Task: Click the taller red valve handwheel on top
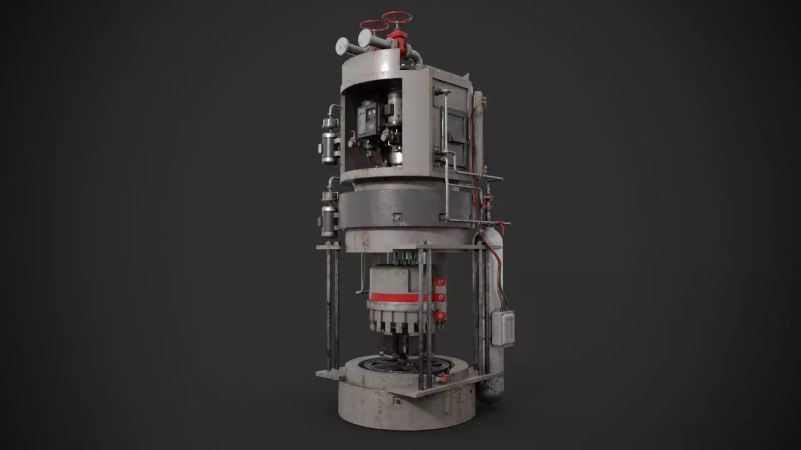397,17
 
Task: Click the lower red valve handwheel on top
374,26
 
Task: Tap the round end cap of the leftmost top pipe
342,46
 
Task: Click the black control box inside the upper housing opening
369,119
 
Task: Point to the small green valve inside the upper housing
369,151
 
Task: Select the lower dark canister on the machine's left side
329,219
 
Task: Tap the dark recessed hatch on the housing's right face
455,134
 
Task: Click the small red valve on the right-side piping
487,201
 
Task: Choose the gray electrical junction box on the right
503,328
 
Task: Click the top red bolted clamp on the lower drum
440,282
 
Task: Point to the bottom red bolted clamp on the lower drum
440,316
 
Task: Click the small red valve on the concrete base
442,377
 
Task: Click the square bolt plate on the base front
397,401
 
